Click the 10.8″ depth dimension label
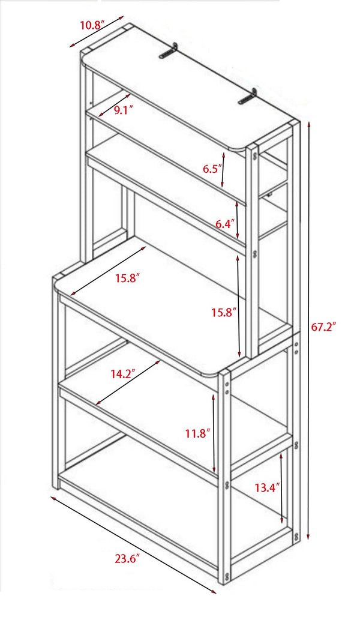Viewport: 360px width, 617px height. [92, 25]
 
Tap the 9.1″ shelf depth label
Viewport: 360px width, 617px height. [124, 109]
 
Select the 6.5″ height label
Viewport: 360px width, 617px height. [212, 169]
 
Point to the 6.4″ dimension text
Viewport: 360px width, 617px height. [225, 224]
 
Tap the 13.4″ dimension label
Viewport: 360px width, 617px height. [267, 487]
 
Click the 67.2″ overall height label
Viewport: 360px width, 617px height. [323, 327]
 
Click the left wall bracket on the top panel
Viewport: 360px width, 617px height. [170, 51]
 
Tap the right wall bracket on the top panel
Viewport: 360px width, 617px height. [247, 98]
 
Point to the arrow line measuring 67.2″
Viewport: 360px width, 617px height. [308, 330]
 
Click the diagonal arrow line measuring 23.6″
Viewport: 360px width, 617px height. [133, 543]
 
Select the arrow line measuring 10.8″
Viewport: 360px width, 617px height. [99, 34]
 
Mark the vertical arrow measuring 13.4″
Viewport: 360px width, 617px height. [282, 489]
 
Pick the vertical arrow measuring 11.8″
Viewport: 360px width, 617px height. [214, 432]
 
